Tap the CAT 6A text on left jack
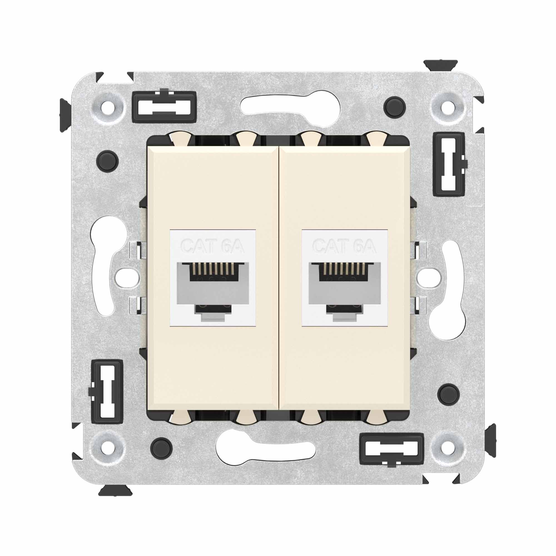point(212,246)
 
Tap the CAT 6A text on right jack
point(344,246)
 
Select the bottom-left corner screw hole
point(108,448)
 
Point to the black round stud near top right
point(394,107)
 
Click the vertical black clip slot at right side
point(449,164)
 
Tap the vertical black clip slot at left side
point(107,392)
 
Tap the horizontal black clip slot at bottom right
point(392,449)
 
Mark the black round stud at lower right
point(448,393)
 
